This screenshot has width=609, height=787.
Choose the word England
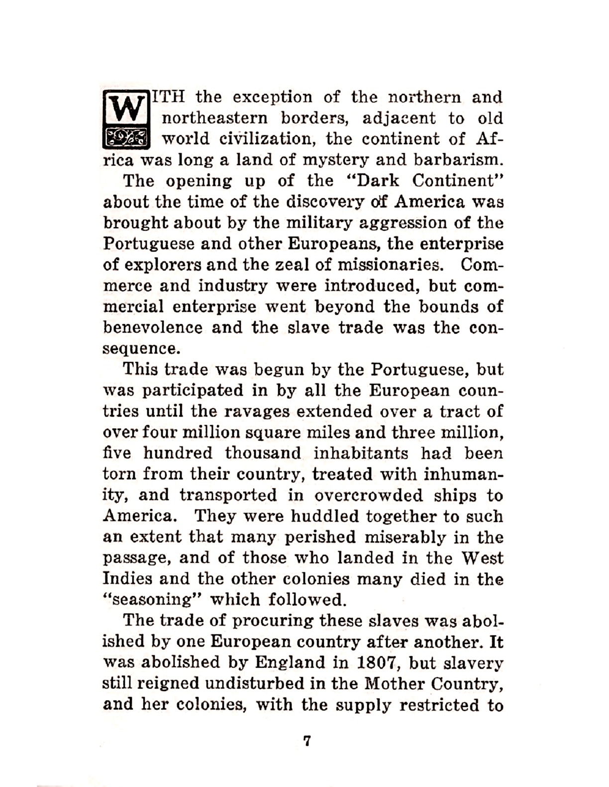tap(287, 663)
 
